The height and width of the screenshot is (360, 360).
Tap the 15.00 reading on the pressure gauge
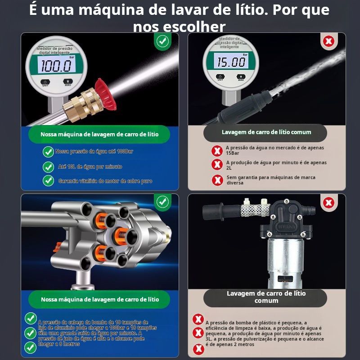(x=231, y=62)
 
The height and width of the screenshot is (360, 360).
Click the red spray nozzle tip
(x=105, y=94)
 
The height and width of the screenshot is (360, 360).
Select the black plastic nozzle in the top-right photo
(x=244, y=107)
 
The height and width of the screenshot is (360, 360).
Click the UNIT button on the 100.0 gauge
(x=45, y=82)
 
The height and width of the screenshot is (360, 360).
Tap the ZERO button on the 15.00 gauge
(x=241, y=76)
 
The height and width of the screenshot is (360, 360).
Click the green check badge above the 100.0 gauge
(x=162, y=41)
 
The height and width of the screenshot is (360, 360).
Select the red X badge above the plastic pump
(x=329, y=202)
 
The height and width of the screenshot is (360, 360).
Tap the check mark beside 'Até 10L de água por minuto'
(x=48, y=167)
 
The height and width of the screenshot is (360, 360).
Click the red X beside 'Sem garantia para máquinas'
(x=217, y=180)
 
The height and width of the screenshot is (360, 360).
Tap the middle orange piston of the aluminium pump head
(x=120, y=236)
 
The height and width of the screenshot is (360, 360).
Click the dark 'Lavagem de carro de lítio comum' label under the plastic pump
(x=265, y=298)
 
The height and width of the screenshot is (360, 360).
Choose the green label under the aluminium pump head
(x=99, y=299)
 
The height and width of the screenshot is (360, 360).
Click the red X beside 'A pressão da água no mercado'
(x=217, y=151)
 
